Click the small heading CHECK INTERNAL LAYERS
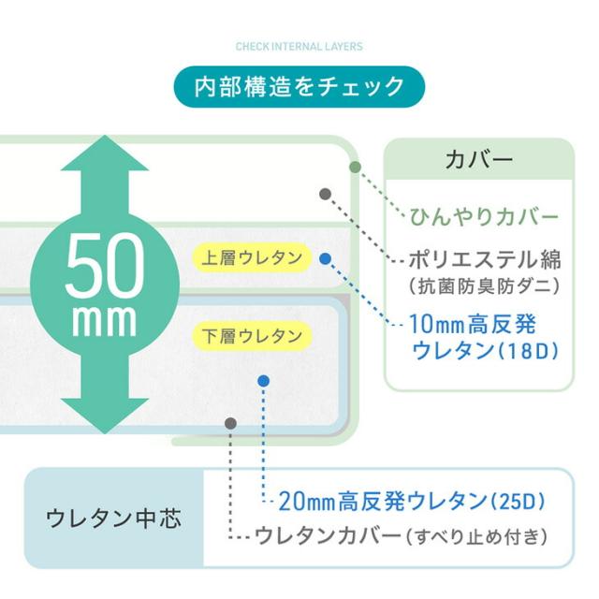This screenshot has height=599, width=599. (299, 46)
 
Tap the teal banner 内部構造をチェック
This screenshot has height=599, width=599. (299, 87)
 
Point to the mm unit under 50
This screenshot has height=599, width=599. (105, 319)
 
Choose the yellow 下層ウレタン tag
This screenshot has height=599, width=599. (249, 334)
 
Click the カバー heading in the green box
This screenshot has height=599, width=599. (478, 159)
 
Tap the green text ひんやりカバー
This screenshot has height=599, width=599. (484, 217)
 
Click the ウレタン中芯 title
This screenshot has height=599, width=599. (113, 517)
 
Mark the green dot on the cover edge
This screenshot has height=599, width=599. (355, 168)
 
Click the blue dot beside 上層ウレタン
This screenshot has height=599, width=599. (324, 256)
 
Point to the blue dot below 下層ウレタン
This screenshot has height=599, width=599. (264, 381)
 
